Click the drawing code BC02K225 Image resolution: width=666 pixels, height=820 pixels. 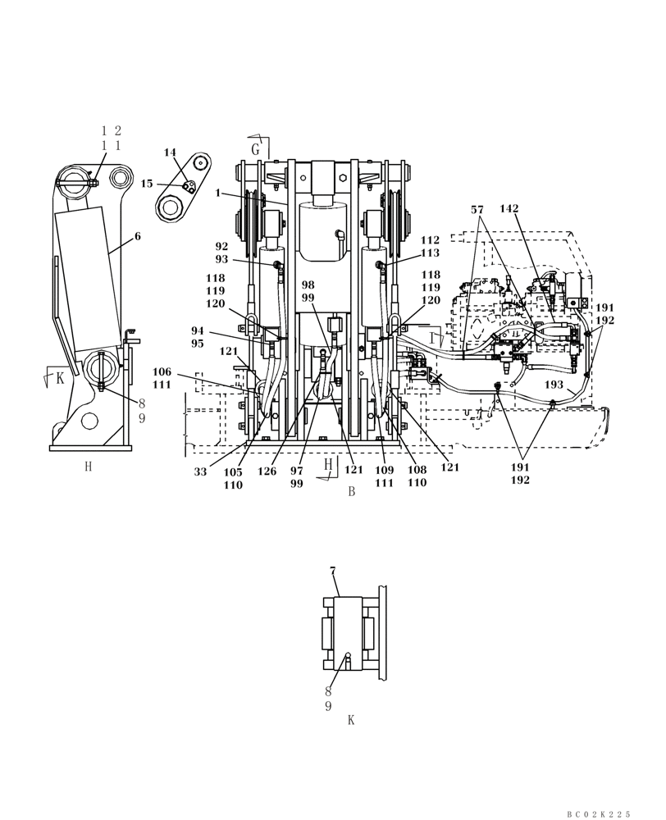tap(599, 813)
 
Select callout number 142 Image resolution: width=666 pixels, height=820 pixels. tap(509, 209)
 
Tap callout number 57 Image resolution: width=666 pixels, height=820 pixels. tap(477, 209)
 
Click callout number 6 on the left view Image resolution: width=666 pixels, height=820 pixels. tap(137, 235)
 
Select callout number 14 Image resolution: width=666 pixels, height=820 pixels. tap(170, 153)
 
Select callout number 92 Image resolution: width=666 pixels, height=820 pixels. tap(221, 246)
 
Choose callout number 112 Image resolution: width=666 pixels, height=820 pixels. tap(430, 240)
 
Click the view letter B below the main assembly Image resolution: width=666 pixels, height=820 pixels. tap(351, 492)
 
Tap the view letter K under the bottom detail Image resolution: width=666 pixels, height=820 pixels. tap(351, 720)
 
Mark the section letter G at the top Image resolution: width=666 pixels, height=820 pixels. tap(256, 149)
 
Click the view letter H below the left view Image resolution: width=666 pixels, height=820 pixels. tap(88, 467)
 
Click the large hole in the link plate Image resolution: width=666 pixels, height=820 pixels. tap(171, 208)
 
